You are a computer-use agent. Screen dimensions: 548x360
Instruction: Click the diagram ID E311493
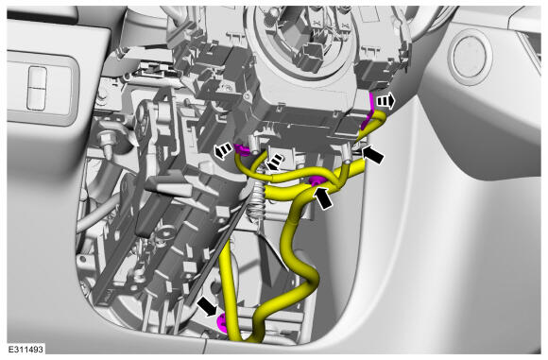coord(26,349)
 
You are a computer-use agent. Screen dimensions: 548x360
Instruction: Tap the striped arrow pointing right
coord(385,102)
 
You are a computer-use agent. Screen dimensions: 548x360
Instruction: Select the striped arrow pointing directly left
coord(223,151)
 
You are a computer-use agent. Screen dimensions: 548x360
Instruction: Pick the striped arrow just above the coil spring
coord(274,162)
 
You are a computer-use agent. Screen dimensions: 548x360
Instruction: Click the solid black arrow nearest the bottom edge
coord(208,306)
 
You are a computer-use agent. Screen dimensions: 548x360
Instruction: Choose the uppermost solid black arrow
coord(373,154)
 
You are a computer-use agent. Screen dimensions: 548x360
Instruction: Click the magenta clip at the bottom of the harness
coord(222,322)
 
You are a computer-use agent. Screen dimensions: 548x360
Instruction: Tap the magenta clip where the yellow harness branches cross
coord(317,181)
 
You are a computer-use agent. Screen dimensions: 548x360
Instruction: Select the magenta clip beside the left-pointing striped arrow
coord(241,149)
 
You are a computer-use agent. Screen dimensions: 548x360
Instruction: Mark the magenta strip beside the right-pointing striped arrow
coord(368,111)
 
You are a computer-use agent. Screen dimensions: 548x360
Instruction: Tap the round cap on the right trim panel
coord(471,57)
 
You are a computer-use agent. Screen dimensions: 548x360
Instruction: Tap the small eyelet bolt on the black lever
coord(163,233)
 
